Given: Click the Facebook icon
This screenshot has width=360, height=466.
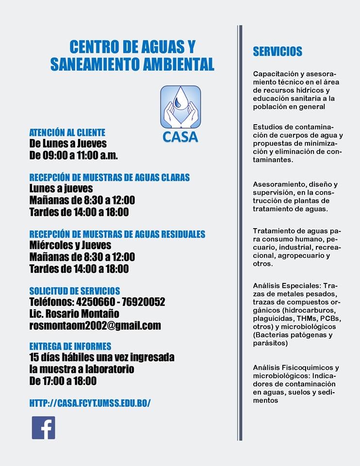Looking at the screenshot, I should tap(44, 428).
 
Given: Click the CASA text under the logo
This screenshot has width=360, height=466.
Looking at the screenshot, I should tap(180, 137).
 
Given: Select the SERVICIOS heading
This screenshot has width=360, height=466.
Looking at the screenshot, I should tap(278, 51).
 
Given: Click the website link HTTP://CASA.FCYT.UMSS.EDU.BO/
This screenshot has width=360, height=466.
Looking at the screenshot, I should tap(90, 403).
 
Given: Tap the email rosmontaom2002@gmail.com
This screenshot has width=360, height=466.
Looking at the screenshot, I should tap(95, 326).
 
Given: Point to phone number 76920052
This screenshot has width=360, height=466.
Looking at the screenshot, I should tap(144, 302).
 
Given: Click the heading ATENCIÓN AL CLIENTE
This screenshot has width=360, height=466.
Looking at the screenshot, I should tap(67, 133).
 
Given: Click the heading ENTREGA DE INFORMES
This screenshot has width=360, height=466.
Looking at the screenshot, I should tap(70, 347).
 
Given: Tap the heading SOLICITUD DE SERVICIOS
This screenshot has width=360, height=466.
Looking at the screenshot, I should tap(75, 291).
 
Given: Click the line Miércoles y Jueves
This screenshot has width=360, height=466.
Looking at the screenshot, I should tap(70, 245).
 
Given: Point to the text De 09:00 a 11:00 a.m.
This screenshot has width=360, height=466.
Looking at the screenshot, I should tap(74, 156).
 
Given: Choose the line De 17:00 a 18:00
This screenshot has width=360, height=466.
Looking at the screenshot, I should tap(63, 381).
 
